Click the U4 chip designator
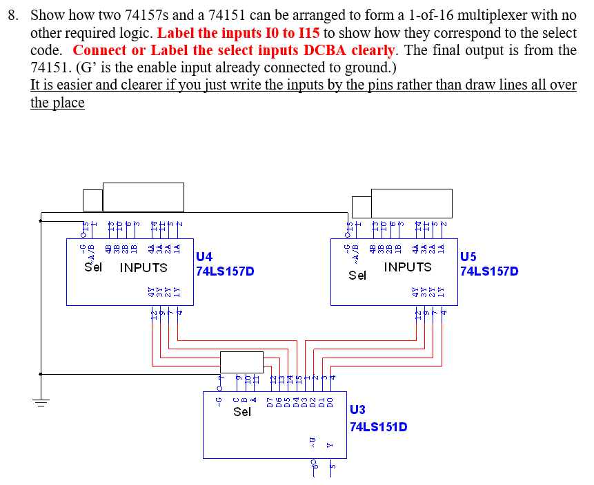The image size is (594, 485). (x=204, y=257)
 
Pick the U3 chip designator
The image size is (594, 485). (x=358, y=411)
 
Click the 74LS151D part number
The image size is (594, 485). (x=378, y=426)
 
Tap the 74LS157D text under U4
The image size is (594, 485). (x=225, y=271)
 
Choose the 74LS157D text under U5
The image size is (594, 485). (x=489, y=271)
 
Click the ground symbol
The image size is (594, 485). (x=41, y=404)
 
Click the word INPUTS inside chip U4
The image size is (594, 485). (x=143, y=267)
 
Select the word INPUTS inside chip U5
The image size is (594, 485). (x=408, y=267)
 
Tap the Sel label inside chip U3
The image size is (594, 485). (x=242, y=412)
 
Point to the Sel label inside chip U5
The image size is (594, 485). (x=357, y=276)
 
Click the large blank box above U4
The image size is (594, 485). (x=143, y=197)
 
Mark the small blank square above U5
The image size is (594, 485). (x=361, y=205)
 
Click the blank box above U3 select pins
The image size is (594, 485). (x=241, y=362)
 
